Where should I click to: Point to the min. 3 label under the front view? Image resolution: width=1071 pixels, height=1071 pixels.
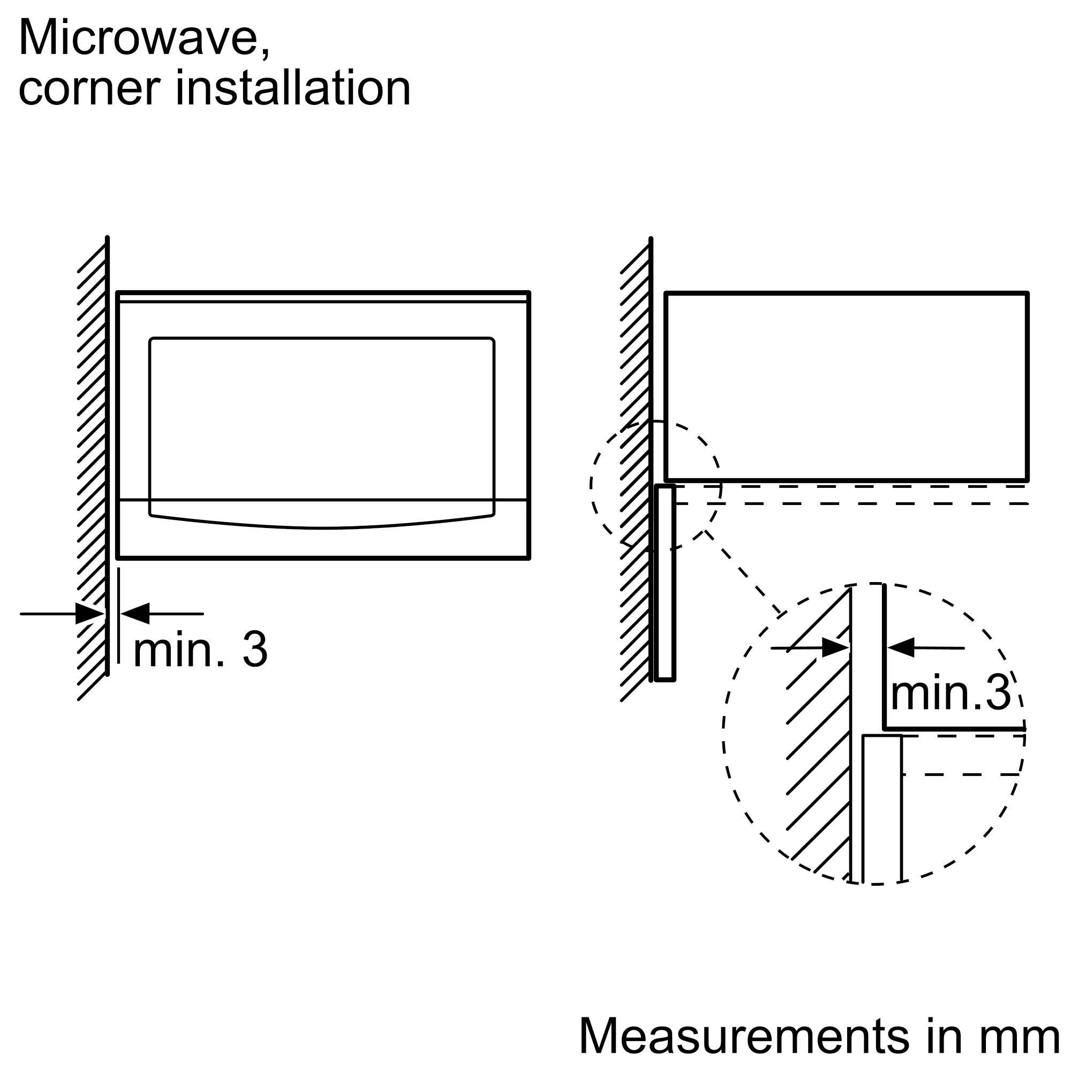click(201, 649)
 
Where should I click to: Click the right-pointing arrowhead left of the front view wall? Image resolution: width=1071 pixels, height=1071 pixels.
click(90, 614)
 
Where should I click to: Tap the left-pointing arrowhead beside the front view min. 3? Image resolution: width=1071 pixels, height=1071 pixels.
click(135, 614)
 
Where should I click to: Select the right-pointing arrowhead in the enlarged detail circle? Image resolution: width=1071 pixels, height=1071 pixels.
click(835, 647)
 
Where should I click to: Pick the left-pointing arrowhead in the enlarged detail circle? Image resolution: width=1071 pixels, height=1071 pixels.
click(901, 647)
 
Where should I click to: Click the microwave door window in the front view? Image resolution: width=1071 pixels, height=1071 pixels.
click(321, 433)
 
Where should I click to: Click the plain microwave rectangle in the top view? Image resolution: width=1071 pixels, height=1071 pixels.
click(847, 387)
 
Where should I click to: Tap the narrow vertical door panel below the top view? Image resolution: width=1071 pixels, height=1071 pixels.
click(665, 583)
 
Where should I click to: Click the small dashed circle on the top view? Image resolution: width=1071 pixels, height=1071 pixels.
click(656, 486)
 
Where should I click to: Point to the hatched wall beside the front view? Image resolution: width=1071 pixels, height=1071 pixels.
click(92, 469)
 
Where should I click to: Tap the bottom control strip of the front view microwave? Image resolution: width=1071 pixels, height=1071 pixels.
click(322, 529)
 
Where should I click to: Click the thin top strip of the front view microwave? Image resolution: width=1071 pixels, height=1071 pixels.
click(322, 298)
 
